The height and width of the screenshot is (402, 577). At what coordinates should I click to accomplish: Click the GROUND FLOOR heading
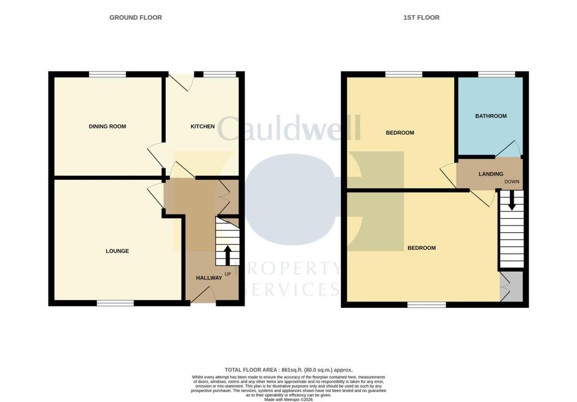click(135, 17)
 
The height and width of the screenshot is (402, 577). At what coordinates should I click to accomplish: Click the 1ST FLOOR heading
click(421, 17)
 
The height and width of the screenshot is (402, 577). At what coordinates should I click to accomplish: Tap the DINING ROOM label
click(107, 126)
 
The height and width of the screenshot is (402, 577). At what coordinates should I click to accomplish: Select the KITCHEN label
click(202, 126)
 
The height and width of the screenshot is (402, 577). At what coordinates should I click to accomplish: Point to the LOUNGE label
click(117, 251)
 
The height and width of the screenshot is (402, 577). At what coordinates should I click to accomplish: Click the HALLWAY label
click(209, 278)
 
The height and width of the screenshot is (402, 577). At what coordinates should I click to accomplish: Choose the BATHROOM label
click(490, 116)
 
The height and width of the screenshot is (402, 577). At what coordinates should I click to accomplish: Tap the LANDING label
click(490, 174)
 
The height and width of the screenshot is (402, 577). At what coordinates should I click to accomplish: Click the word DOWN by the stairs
click(512, 182)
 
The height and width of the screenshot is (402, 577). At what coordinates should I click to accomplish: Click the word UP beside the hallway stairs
click(228, 274)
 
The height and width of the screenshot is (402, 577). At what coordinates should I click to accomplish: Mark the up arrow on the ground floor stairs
click(228, 254)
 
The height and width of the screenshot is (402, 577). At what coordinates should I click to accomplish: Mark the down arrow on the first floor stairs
click(512, 201)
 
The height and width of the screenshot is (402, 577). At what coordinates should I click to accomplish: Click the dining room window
click(107, 74)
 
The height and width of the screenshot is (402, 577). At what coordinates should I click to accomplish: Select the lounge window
click(115, 303)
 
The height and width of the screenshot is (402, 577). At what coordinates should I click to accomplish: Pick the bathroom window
click(496, 74)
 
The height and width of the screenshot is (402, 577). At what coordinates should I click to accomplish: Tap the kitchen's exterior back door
click(182, 82)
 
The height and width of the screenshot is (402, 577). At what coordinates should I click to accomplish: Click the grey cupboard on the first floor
click(512, 287)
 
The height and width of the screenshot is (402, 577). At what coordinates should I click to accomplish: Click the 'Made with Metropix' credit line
click(288, 400)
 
